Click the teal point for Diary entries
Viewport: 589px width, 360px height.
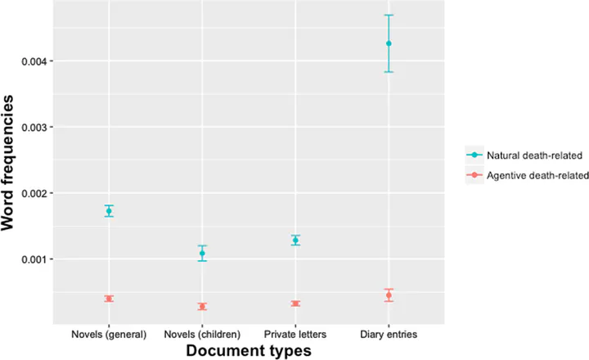(x=389, y=43)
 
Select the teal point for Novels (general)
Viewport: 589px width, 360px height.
(x=109, y=211)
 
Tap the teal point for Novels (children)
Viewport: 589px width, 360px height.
(x=202, y=254)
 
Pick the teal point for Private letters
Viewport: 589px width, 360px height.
(x=296, y=240)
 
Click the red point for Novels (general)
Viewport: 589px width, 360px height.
(x=109, y=299)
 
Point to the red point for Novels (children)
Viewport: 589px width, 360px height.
(x=202, y=307)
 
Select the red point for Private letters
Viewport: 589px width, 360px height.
(x=296, y=304)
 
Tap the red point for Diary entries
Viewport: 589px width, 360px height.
(x=389, y=295)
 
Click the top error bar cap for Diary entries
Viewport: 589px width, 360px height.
(x=389, y=16)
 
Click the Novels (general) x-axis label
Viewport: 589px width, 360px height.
(x=109, y=334)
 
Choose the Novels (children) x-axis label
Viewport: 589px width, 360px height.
(x=202, y=334)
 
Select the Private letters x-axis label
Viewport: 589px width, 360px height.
(x=296, y=334)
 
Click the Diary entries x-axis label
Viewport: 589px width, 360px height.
(x=389, y=334)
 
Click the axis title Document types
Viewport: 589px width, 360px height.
(x=249, y=350)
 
